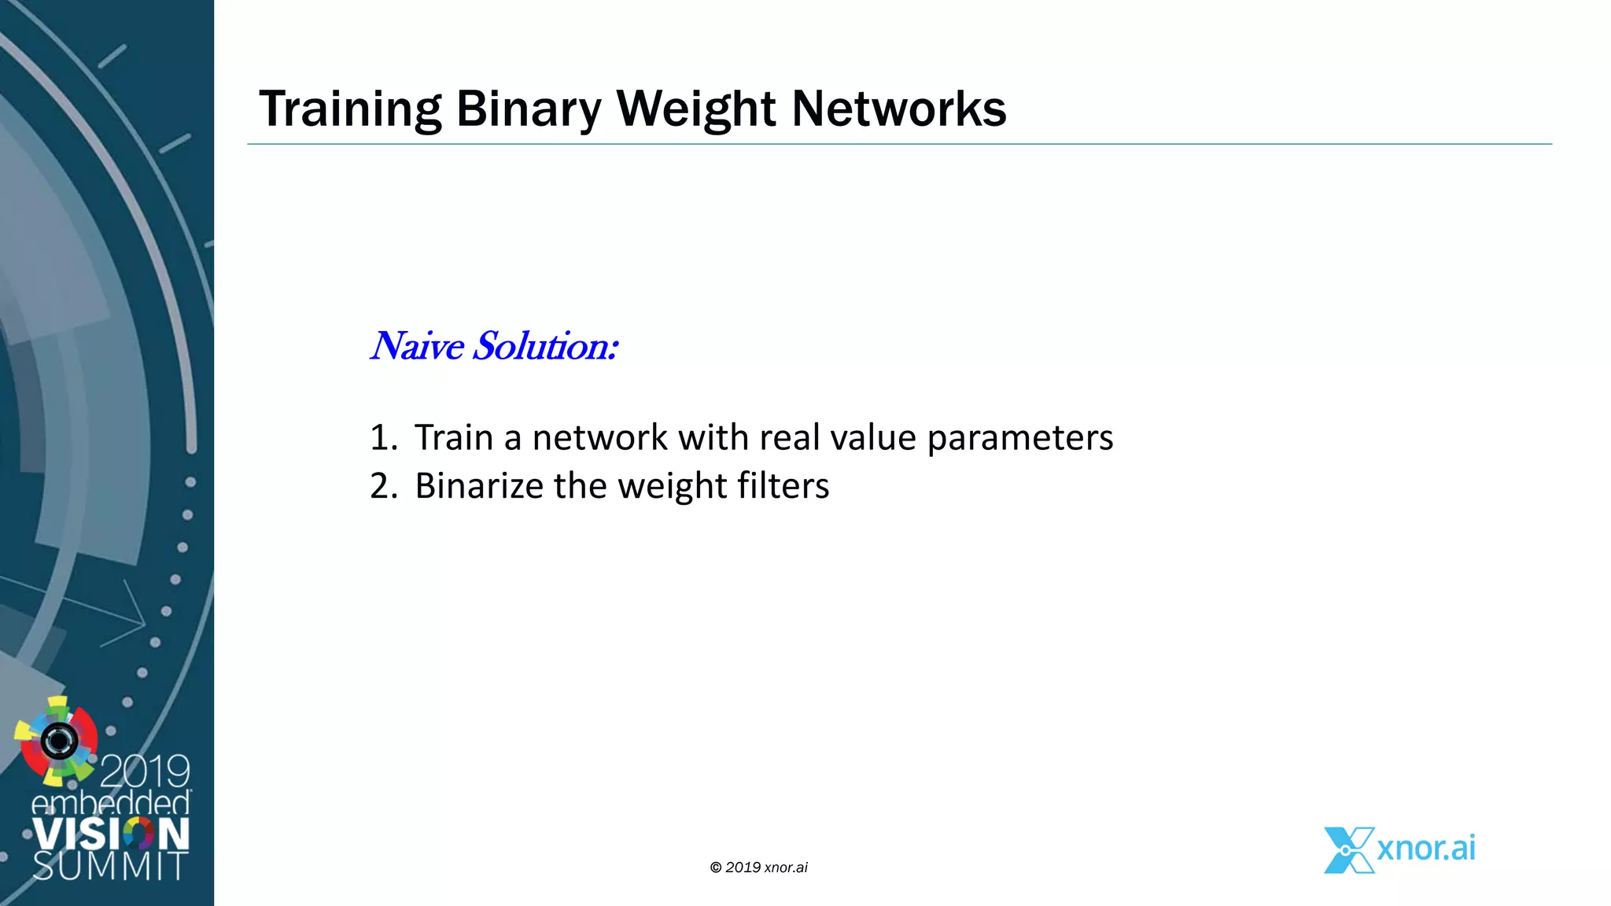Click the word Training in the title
(350, 109)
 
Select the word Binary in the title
(528, 109)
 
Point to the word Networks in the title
(898, 109)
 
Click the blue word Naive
(417, 346)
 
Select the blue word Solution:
(544, 346)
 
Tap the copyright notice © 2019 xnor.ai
(758, 867)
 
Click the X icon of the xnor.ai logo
(1347, 850)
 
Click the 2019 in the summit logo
(146, 772)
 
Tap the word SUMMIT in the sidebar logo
(110, 866)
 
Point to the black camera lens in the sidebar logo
(59, 740)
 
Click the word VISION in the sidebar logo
(110, 834)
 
